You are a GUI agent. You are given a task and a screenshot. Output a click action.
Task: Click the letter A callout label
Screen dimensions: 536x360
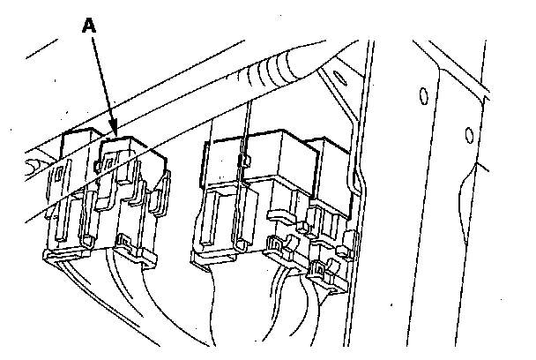point(88,27)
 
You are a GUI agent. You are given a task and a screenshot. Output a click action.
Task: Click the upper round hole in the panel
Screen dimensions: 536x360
point(421,94)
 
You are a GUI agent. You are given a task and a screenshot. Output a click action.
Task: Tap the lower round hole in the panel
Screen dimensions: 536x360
point(468,134)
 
